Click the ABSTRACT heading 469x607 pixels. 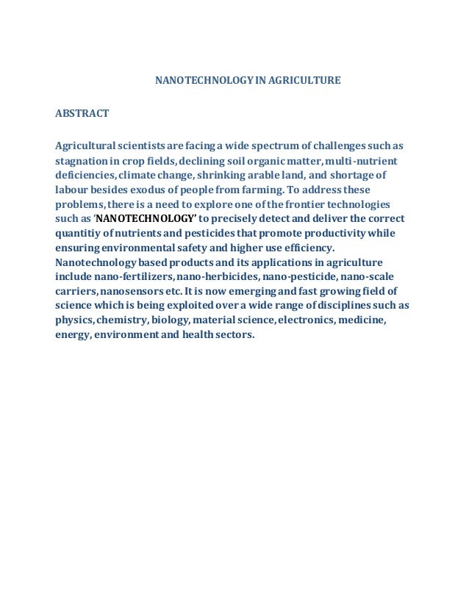tap(82, 113)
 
